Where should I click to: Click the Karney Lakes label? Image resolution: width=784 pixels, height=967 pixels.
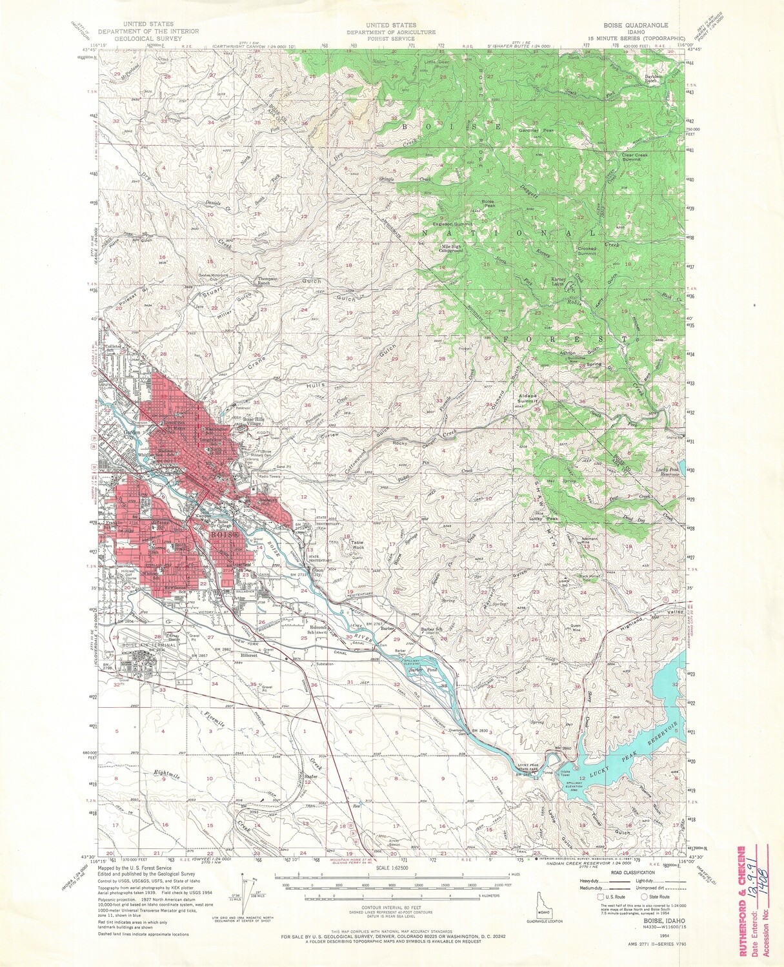tap(558, 282)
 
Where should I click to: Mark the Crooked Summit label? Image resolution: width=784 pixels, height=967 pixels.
tap(587, 251)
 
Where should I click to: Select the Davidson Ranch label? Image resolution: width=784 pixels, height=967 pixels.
tap(656, 79)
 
